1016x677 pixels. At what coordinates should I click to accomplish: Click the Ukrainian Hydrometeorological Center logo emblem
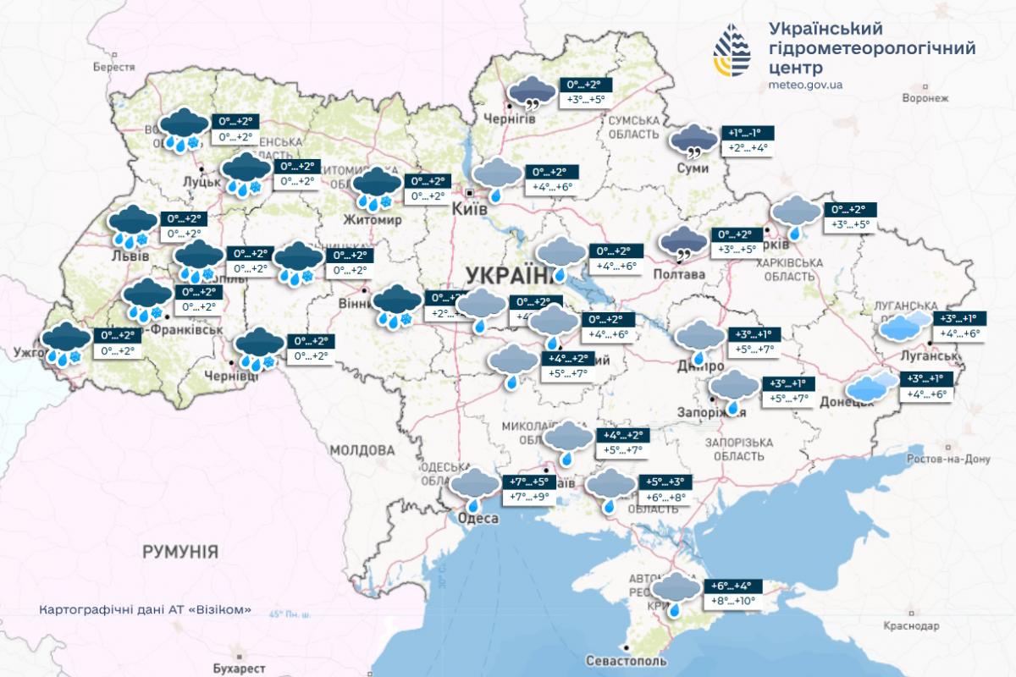[x=732, y=50]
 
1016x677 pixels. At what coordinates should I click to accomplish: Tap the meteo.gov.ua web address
[x=805, y=85]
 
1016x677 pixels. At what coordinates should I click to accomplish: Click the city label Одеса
[x=478, y=518]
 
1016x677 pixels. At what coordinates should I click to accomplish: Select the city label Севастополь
[x=626, y=661]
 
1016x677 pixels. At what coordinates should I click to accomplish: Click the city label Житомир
[x=372, y=220]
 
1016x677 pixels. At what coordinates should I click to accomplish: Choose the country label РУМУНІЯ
[x=180, y=552]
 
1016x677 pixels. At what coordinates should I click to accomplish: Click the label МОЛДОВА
[x=362, y=449]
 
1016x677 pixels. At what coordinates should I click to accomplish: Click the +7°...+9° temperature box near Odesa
[x=530, y=496]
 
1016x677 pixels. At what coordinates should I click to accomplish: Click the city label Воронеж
[x=925, y=98]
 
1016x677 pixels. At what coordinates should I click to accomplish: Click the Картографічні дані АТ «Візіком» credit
[x=145, y=610]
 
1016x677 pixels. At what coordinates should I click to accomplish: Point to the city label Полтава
[x=678, y=275]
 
